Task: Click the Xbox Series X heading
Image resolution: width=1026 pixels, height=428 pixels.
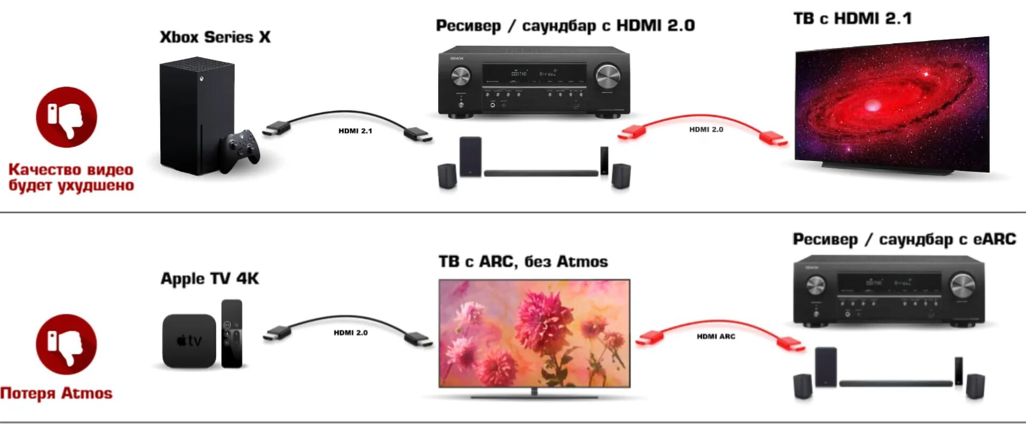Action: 215,37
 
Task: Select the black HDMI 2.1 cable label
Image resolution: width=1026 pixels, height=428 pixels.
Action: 355,131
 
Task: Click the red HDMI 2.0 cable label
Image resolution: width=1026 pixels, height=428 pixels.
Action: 706,129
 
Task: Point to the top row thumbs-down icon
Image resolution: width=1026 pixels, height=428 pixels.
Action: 66,118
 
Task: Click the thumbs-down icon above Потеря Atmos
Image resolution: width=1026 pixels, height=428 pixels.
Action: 66,344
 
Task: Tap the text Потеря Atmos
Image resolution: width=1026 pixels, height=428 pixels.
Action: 57,393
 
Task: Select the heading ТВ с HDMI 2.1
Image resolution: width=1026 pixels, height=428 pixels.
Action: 852,19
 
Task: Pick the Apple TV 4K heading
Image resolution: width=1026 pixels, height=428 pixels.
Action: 209,278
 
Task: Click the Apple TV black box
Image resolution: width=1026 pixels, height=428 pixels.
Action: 189,341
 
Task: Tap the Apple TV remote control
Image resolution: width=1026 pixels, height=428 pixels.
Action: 231,333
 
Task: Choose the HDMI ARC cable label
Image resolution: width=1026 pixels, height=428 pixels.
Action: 716,337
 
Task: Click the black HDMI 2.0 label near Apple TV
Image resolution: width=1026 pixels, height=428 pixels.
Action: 351,333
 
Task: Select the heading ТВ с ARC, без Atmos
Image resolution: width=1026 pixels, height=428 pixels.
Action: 523,262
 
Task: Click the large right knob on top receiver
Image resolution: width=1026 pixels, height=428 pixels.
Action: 608,76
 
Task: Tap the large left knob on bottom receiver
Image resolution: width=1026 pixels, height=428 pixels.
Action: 815,285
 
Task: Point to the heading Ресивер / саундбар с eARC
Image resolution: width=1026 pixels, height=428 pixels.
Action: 904,239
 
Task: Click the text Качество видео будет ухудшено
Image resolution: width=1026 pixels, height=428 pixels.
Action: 71,177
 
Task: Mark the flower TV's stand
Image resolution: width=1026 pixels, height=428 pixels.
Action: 534,395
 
